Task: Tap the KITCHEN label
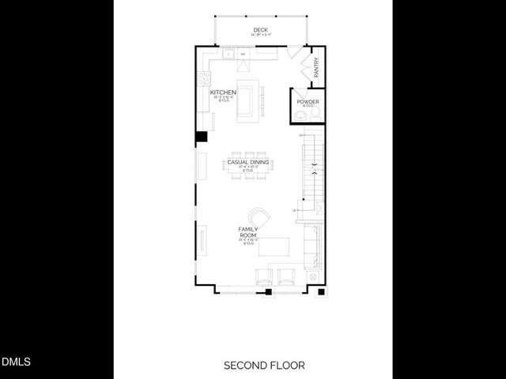point(223,92)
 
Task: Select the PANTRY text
point(315,67)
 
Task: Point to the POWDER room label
point(308,102)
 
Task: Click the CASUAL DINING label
point(248,162)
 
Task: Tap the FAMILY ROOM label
point(248,233)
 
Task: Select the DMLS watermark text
point(16,362)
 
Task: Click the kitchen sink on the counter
point(228,54)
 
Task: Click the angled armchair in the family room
point(259,218)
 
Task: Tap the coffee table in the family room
point(276,248)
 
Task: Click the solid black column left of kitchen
point(202,137)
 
